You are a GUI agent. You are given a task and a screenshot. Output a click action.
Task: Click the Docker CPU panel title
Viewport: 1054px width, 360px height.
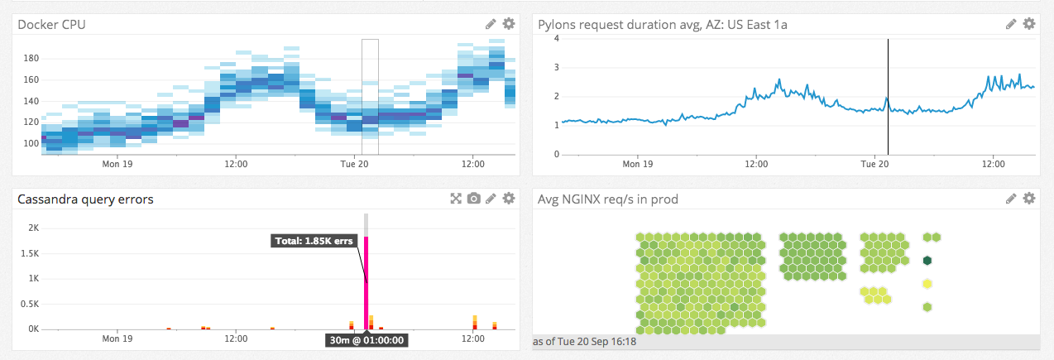click(x=51, y=25)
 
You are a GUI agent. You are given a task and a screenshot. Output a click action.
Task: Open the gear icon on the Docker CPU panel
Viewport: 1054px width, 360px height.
click(x=509, y=24)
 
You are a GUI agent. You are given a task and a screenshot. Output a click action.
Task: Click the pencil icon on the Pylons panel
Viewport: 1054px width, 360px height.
click(x=1011, y=24)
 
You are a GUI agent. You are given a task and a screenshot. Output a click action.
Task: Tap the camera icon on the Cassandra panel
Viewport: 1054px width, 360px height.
click(x=473, y=199)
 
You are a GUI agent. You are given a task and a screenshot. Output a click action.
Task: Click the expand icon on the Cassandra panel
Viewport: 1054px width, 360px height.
click(x=455, y=199)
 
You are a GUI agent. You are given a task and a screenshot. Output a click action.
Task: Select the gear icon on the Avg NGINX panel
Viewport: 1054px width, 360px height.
click(x=1029, y=199)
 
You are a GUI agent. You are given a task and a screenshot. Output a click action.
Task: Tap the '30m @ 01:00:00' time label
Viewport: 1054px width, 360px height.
click(x=366, y=339)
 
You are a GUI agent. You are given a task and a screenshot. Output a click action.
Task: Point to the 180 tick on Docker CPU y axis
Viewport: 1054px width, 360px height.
click(x=31, y=59)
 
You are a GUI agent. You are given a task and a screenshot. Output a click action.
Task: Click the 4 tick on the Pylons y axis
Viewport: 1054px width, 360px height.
click(x=557, y=38)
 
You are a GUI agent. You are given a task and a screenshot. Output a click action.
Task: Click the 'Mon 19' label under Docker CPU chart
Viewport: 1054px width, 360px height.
click(x=117, y=164)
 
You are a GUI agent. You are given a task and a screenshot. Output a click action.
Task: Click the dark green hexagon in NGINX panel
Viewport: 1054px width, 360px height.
click(x=927, y=261)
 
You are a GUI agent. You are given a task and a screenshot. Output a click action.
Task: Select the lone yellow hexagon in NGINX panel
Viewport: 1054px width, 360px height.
click(x=927, y=284)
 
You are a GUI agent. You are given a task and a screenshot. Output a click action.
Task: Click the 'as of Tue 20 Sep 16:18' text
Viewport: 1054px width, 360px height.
click(x=592, y=341)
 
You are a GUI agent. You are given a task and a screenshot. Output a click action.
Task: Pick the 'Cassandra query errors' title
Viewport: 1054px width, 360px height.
click(x=85, y=199)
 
